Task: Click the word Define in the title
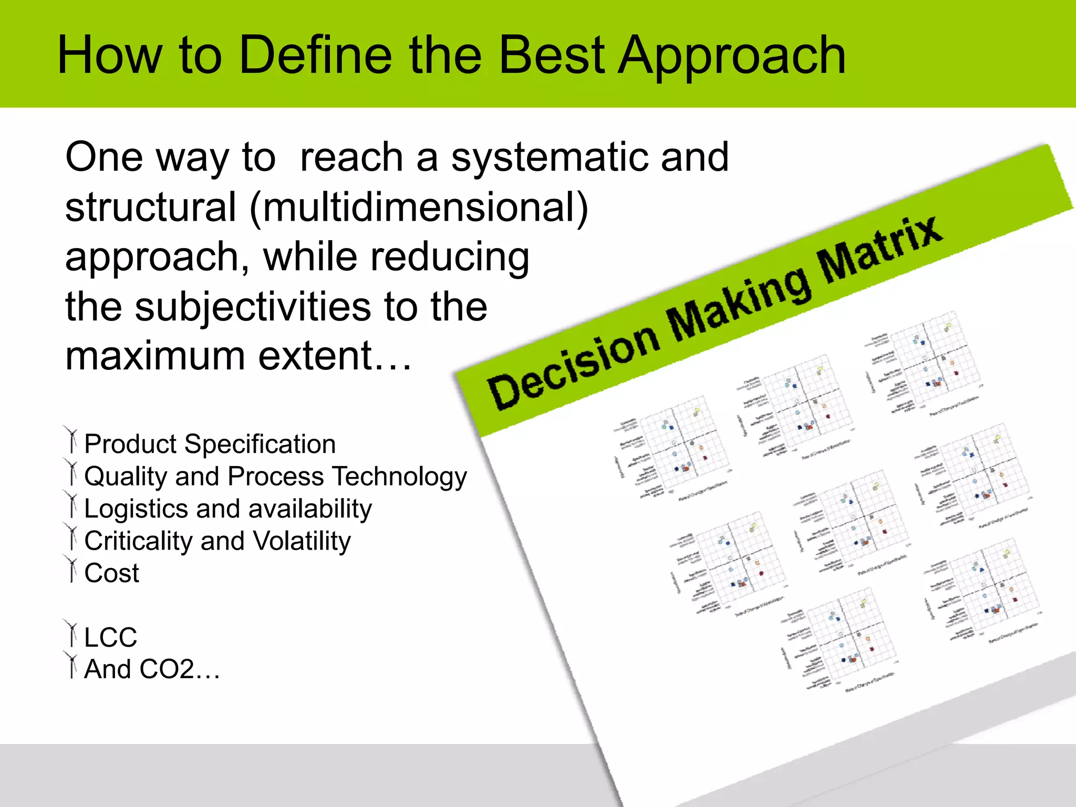315,55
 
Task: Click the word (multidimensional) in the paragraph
418,208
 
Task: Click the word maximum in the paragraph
156,356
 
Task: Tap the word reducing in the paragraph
450,257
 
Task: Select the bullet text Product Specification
210,444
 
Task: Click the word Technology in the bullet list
400,477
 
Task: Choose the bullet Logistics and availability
227,509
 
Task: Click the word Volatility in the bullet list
302,541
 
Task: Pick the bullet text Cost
111,573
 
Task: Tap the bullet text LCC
110,637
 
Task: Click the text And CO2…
152,669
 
